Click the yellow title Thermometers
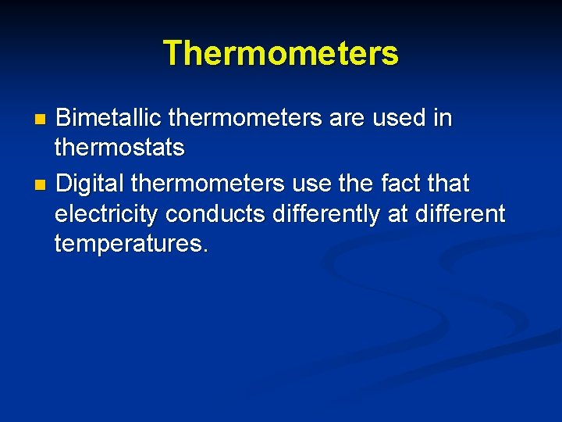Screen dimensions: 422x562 tap(281, 53)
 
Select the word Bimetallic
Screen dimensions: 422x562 tap(109, 118)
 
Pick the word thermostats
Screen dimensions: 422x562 tap(119, 147)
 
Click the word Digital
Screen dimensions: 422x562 tap(91, 184)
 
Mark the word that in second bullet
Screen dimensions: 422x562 tap(447, 184)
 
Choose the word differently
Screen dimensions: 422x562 tap(326, 213)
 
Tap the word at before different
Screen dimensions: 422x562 tap(398, 213)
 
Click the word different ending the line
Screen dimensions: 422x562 tap(461, 213)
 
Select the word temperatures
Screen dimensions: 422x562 tap(131, 244)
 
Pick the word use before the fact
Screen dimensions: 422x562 tap(311, 184)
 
